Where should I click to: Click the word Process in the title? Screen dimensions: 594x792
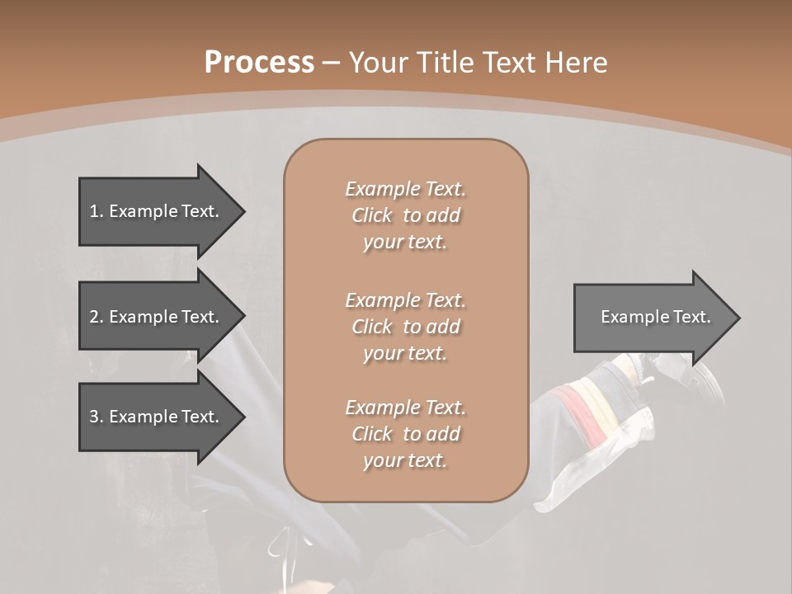coord(259,63)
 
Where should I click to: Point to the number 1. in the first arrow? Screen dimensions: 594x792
coord(97,211)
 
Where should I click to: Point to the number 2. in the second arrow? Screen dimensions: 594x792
coord(97,317)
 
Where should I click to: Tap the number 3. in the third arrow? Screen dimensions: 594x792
coord(97,417)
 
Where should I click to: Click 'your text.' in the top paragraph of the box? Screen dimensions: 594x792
coord(405,243)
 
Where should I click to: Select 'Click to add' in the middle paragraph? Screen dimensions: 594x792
coord(405,327)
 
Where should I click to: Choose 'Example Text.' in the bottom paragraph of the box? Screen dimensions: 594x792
coord(405,408)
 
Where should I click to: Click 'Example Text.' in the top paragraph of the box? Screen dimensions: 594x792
coord(405,189)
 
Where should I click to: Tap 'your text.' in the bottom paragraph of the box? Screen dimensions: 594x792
coord(405,461)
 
